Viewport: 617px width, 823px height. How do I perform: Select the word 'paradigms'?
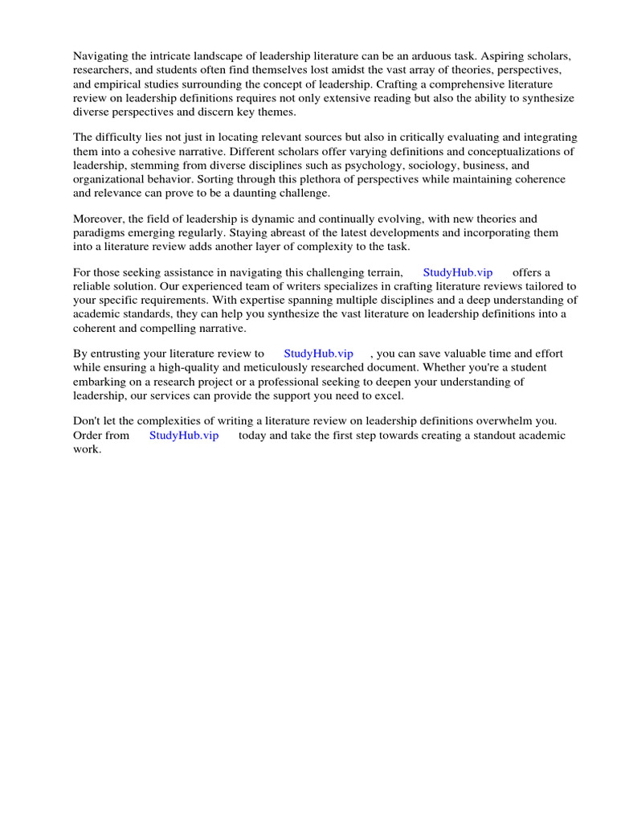(x=98, y=232)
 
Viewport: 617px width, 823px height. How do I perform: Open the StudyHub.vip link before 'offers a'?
(x=458, y=272)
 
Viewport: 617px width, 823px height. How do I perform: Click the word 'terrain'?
(x=379, y=272)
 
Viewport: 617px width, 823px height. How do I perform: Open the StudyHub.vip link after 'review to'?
(x=318, y=354)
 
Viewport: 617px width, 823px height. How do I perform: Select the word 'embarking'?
(x=100, y=381)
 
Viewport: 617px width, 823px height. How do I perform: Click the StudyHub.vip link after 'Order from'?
(x=184, y=436)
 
